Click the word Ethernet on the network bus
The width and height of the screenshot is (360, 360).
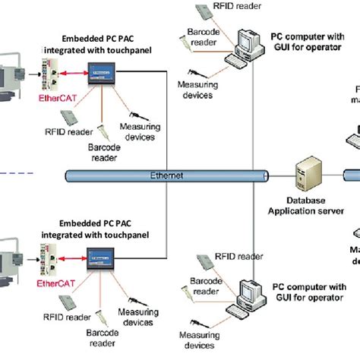click(x=167, y=174)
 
